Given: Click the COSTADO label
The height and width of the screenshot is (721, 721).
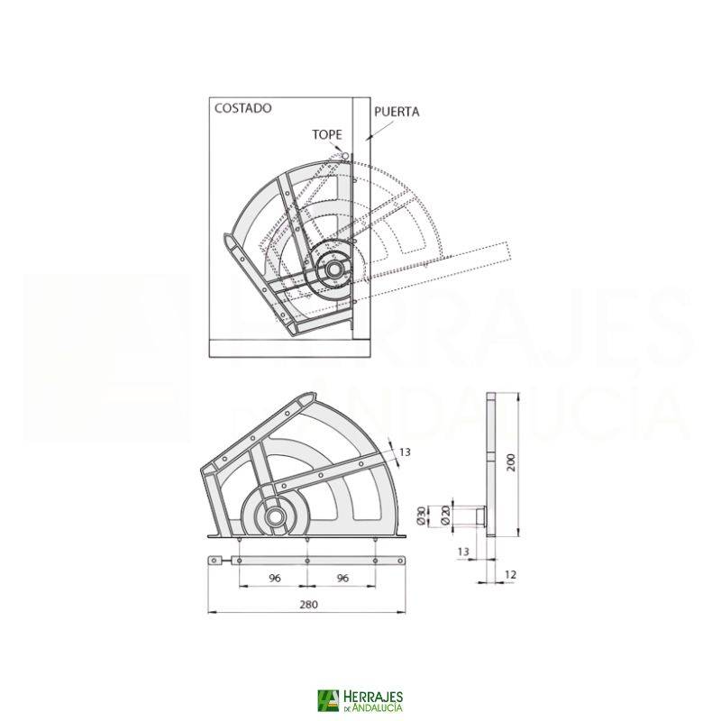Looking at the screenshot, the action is coord(242,108).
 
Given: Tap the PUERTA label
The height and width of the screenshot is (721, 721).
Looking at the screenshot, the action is coord(397,112).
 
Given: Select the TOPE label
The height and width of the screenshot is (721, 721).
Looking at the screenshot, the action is coord(327,134).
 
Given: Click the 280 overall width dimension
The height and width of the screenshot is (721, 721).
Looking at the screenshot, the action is coord(308,604).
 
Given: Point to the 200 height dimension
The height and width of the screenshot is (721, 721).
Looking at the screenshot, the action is coord(511,462).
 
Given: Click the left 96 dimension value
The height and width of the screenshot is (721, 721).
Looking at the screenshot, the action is coord(275,578).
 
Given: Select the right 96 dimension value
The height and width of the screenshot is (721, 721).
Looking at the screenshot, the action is coord(342,578).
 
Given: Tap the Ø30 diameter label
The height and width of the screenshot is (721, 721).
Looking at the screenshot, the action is coord(421,515).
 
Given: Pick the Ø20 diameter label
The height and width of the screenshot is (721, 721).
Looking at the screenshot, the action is coord(444,515).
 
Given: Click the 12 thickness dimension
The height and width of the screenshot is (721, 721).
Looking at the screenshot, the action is coord(510,575).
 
